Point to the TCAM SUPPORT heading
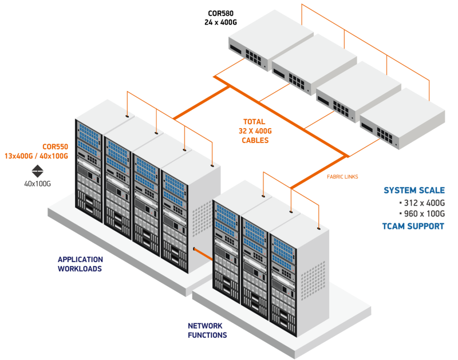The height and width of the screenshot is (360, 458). coord(413,226)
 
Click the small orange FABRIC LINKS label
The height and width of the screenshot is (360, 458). coord(342,177)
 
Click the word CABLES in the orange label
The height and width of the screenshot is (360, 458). coord(255,140)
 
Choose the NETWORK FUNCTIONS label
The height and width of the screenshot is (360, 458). coord(207,330)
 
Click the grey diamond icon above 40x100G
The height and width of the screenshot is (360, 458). coord(38,171)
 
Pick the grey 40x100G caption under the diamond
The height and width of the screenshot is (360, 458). coord(38,184)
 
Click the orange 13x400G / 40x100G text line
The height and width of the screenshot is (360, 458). coord(37,156)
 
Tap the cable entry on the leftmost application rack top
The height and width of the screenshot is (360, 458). coord(127,114)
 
